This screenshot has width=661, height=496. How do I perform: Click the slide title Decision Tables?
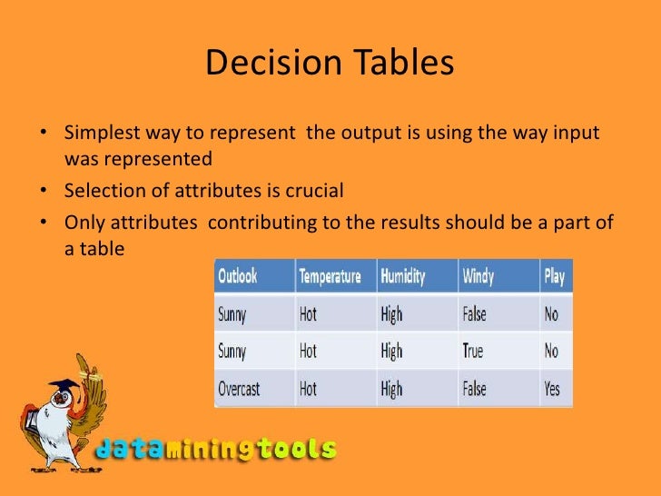point(330,64)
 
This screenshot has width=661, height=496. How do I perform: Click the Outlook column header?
point(238,276)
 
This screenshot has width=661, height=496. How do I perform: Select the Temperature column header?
point(330,276)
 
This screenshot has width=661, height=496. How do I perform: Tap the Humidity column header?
point(404,276)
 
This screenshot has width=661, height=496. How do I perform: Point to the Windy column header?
point(478,276)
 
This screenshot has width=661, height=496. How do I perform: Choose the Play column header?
point(554,276)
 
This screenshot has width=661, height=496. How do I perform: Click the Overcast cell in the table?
point(239,389)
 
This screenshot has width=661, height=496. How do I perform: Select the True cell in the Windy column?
point(473,352)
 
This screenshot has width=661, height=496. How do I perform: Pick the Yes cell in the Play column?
point(552,389)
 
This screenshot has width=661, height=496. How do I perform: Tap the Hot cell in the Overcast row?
point(309,389)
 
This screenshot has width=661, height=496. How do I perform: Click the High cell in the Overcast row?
point(392,389)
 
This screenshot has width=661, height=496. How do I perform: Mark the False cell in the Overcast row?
point(474,389)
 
